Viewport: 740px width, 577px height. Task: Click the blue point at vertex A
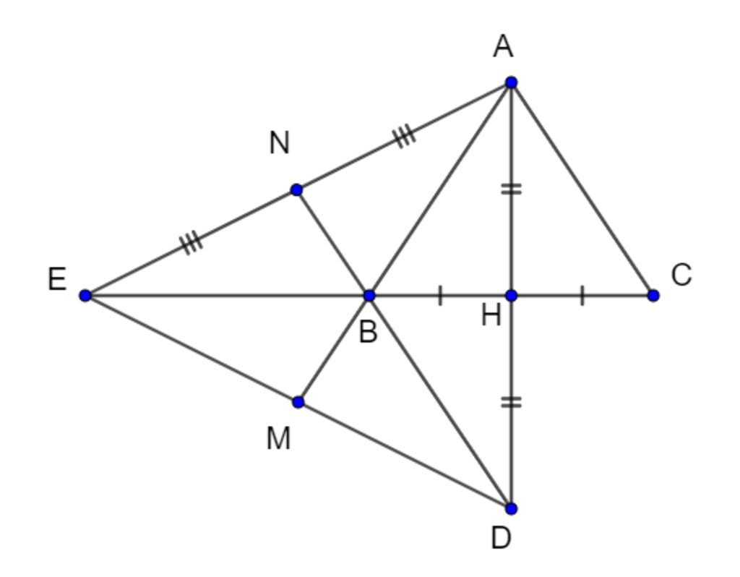tap(512, 82)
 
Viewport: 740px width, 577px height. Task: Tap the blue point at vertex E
tap(85, 295)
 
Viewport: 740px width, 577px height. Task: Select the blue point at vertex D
tap(512, 508)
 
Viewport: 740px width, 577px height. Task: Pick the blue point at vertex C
tap(653, 295)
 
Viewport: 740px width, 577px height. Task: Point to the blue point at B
tap(369, 295)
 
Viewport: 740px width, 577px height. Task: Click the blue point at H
tap(512, 295)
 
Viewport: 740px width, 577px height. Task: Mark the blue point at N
tap(296, 190)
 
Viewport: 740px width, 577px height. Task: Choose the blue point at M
tap(298, 401)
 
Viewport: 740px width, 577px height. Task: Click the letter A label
tap(503, 48)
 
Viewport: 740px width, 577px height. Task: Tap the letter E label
tap(57, 279)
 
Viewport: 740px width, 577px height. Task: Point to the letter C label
tap(681, 275)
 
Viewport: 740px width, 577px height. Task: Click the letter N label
tap(280, 143)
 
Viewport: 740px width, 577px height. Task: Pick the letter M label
tap(279, 438)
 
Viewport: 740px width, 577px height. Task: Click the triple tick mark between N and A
tap(405, 135)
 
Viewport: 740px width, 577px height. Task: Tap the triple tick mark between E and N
tap(192, 242)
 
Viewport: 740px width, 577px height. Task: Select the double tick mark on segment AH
tap(512, 189)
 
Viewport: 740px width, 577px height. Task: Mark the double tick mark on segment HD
tap(512, 402)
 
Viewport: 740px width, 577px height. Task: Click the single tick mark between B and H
tap(440, 295)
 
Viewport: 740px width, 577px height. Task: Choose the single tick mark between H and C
tap(582, 295)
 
